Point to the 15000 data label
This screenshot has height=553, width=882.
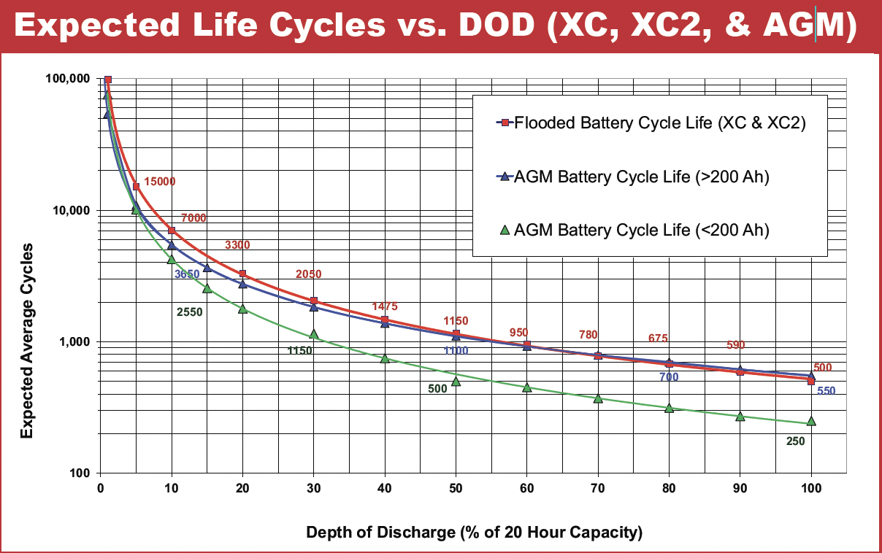coord(160,182)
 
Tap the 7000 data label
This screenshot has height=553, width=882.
coord(193,218)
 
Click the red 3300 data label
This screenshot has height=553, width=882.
coord(237,246)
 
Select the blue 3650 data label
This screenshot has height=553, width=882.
coord(188,274)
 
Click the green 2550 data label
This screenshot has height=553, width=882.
coord(190,312)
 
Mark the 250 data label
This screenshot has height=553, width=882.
coord(795,441)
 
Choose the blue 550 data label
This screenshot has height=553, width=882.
coord(826,391)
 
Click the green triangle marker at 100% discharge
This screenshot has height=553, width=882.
coord(811,422)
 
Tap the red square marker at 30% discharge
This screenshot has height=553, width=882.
coord(314,301)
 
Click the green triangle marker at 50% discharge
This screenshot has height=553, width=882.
coord(456,381)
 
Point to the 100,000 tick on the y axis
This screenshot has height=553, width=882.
coord(68,79)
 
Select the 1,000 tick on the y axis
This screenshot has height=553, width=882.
coord(74,342)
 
